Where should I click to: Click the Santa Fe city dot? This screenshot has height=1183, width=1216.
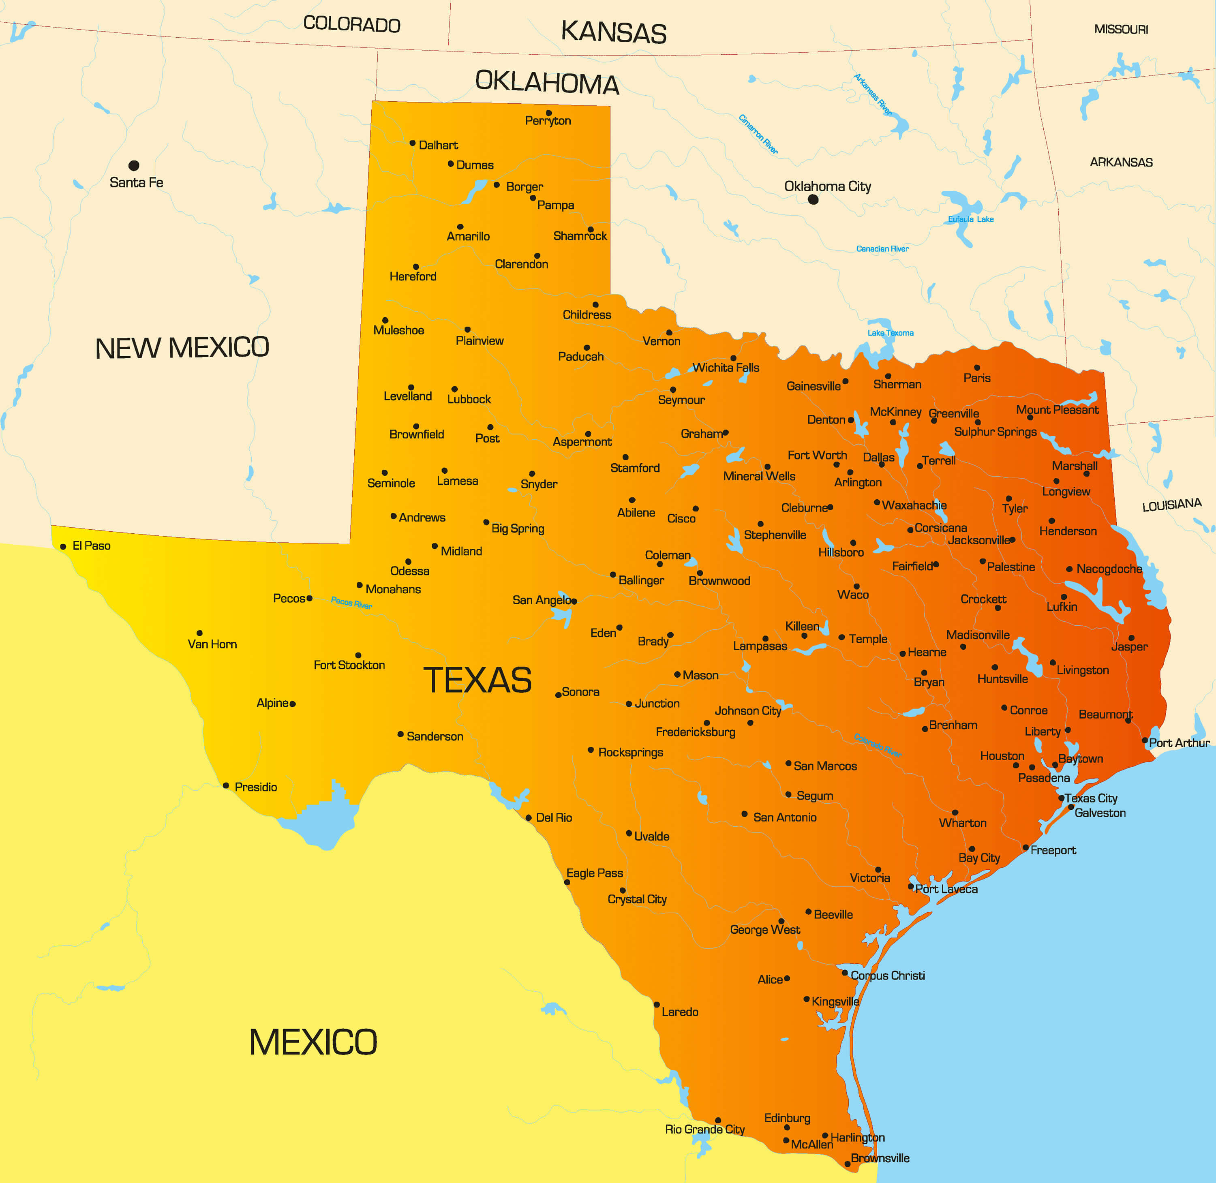click(134, 165)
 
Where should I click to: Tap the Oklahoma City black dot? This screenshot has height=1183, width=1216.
click(813, 199)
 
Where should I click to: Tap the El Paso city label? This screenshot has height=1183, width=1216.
click(91, 546)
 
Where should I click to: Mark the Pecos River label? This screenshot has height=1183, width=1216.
click(351, 602)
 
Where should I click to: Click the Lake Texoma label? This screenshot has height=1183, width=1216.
click(891, 333)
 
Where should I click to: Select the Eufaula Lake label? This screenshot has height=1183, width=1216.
click(970, 219)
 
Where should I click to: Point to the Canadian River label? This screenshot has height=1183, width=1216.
click(882, 248)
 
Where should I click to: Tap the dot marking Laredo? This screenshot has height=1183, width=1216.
click(657, 1004)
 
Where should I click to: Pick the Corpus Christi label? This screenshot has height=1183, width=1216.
click(887, 975)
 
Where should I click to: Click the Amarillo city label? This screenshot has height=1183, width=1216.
click(468, 236)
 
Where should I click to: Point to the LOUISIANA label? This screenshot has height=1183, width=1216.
click(1172, 505)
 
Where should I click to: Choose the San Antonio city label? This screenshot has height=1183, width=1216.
click(785, 817)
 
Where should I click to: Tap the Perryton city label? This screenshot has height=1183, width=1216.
click(548, 120)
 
